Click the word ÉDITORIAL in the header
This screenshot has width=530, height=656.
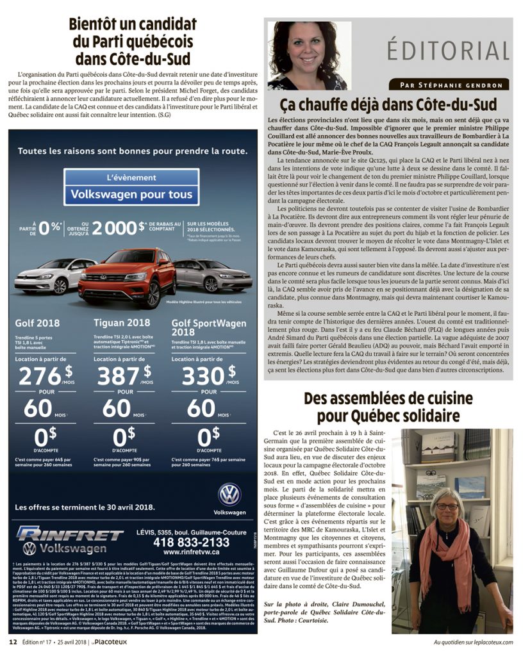[448, 50]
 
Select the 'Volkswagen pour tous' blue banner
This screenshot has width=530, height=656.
[131, 194]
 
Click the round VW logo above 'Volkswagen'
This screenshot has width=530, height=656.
[229, 495]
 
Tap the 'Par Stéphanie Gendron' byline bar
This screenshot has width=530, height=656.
[449, 85]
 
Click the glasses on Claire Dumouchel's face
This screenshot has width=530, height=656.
[447, 507]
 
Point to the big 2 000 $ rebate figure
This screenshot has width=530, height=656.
[119, 228]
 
